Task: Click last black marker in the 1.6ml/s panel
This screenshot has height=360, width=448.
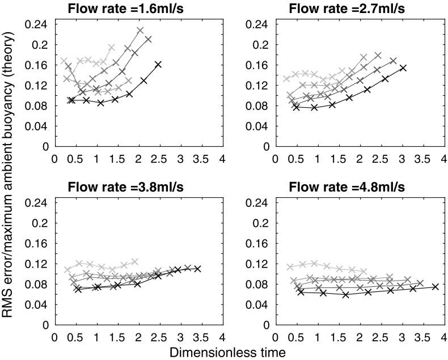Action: pyautogui.click(x=158, y=65)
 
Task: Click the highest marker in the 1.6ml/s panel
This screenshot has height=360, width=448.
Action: pyautogui.click(x=140, y=30)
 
